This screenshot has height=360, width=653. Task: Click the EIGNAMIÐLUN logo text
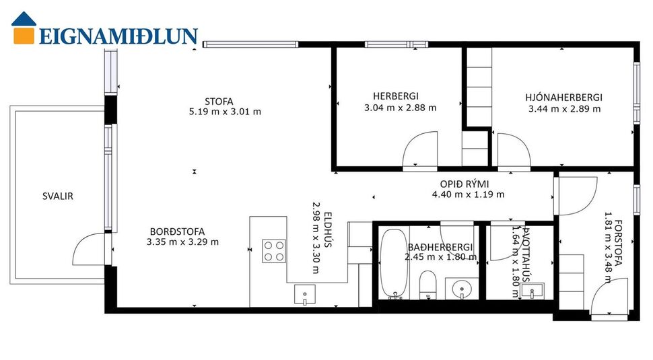[x=118, y=36]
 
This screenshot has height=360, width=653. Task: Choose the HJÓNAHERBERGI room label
[x=563, y=98]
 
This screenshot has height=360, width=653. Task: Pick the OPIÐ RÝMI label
[x=465, y=184]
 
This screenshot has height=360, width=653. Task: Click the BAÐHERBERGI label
[x=440, y=247]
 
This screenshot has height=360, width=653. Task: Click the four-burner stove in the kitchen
[x=274, y=250]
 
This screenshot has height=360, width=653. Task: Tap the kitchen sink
[x=305, y=293]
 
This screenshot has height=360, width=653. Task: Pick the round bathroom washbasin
[x=461, y=289]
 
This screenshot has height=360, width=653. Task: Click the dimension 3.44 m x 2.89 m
[x=564, y=108]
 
